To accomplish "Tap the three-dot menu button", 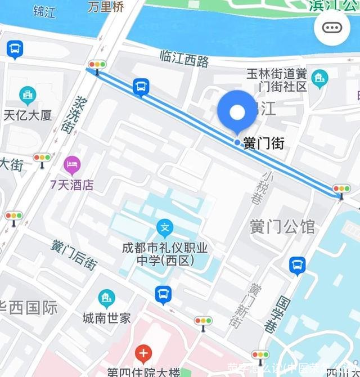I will point(332,27).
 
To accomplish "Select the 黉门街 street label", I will point(264,143).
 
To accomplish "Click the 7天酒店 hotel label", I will point(71,185).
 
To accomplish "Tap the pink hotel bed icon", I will point(72,165).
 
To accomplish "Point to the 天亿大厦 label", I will point(28,115).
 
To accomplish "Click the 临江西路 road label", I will point(184,59).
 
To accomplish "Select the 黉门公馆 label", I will point(282,227).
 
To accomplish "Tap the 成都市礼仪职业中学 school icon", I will point(165,228).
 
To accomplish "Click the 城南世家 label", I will point(106,317).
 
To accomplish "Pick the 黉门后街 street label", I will point(73,254).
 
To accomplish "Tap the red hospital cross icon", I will point(144,354).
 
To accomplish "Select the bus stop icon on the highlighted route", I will point(141,87).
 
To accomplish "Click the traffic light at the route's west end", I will point(97,65).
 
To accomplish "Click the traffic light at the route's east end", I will point(341,188).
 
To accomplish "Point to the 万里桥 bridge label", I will point(105,7).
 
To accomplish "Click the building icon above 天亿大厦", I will point(26,95).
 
